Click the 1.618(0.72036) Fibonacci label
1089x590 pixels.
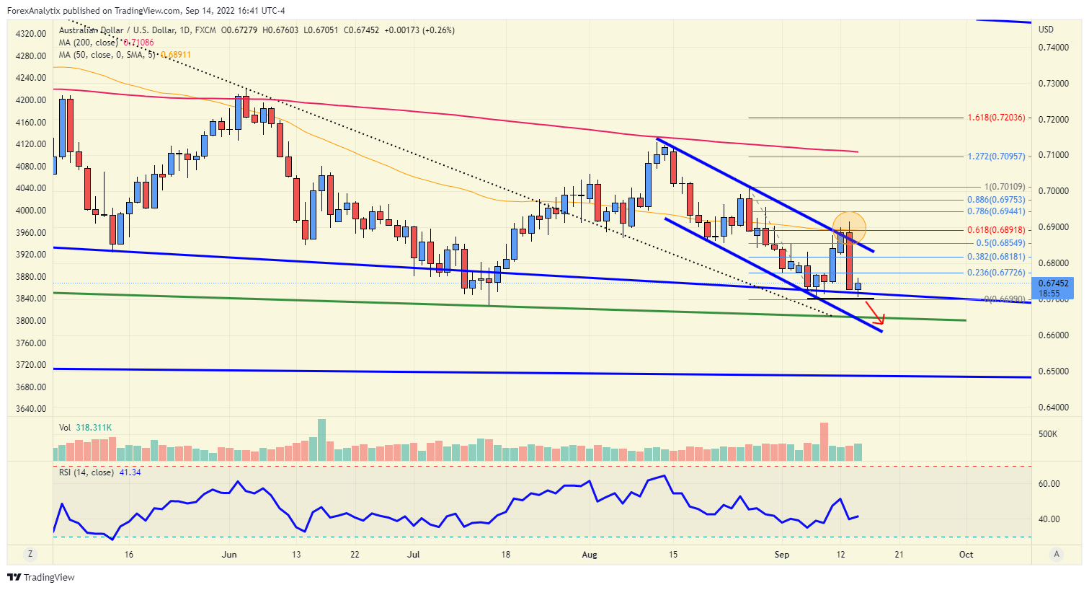point(995,118)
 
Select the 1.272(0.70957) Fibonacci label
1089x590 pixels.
point(995,157)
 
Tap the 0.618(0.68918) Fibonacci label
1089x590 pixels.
point(995,230)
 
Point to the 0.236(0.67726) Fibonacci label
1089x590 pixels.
point(995,273)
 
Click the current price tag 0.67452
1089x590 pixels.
point(1053,284)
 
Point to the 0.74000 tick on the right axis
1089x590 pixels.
point(1053,48)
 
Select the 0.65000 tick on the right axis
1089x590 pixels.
point(1053,371)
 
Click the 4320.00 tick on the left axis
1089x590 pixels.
point(30,34)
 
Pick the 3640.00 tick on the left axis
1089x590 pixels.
point(30,409)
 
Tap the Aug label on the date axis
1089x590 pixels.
point(590,555)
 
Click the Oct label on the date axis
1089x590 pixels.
point(966,555)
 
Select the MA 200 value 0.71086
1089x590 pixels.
point(138,43)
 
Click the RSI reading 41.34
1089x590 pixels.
point(130,472)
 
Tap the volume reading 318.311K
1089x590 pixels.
point(94,428)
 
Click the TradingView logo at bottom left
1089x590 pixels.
point(41,577)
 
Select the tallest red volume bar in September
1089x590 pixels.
point(824,441)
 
